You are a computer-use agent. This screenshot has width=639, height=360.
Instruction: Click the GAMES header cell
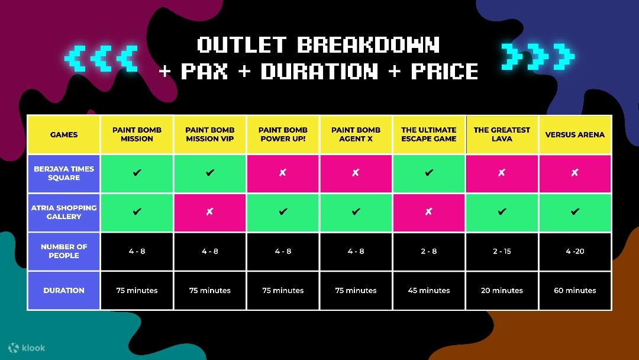click(63, 134)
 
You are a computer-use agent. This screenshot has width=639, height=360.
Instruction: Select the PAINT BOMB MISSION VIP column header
click(210, 134)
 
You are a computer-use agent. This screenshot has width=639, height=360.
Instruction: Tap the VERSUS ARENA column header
click(575, 134)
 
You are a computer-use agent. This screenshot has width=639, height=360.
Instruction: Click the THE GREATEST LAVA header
click(502, 134)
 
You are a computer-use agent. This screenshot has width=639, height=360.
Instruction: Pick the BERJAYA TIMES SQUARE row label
click(63, 173)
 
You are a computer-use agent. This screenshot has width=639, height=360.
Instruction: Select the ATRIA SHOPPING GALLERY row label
click(63, 212)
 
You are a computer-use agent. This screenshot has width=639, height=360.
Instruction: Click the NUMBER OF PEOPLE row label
click(63, 251)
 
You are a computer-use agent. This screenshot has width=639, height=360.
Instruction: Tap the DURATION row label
click(63, 290)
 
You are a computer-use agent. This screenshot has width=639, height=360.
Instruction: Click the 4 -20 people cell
click(575, 251)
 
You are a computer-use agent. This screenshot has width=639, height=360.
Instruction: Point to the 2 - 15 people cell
click(502, 251)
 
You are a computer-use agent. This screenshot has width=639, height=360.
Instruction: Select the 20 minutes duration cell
click(502, 290)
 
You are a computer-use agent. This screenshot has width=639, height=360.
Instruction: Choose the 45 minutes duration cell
click(429, 290)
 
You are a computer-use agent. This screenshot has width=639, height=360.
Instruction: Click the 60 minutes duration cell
click(575, 290)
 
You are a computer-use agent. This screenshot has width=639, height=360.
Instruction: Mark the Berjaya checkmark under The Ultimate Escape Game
click(429, 172)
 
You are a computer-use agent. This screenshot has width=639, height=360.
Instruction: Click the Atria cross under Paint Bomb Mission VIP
click(209, 211)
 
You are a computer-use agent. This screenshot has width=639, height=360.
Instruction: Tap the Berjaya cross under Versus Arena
click(575, 172)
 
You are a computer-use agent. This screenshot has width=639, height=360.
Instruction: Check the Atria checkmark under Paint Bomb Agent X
click(356, 211)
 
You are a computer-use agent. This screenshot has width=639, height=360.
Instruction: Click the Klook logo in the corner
click(27, 348)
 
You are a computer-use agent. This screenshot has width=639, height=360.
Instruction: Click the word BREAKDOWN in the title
click(369, 45)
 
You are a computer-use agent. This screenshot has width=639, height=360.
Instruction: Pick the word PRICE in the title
click(444, 71)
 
